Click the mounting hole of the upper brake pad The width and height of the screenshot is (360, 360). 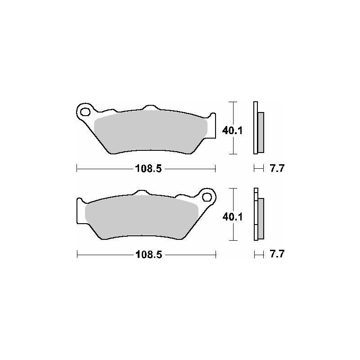pyautogui.click(x=85, y=112)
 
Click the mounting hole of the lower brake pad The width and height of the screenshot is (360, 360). pyautogui.click(x=207, y=197)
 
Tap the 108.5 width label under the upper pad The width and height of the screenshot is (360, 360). pyautogui.click(x=148, y=169)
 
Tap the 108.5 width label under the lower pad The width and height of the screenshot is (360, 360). pyautogui.click(x=149, y=255)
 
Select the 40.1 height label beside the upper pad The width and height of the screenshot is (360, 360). pyautogui.click(x=232, y=130)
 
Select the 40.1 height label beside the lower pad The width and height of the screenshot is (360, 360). pyautogui.click(x=233, y=217)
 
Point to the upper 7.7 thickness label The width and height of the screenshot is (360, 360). pyautogui.click(x=277, y=168)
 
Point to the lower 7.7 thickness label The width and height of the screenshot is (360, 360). pyautogui.click(x=277, y=254)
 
